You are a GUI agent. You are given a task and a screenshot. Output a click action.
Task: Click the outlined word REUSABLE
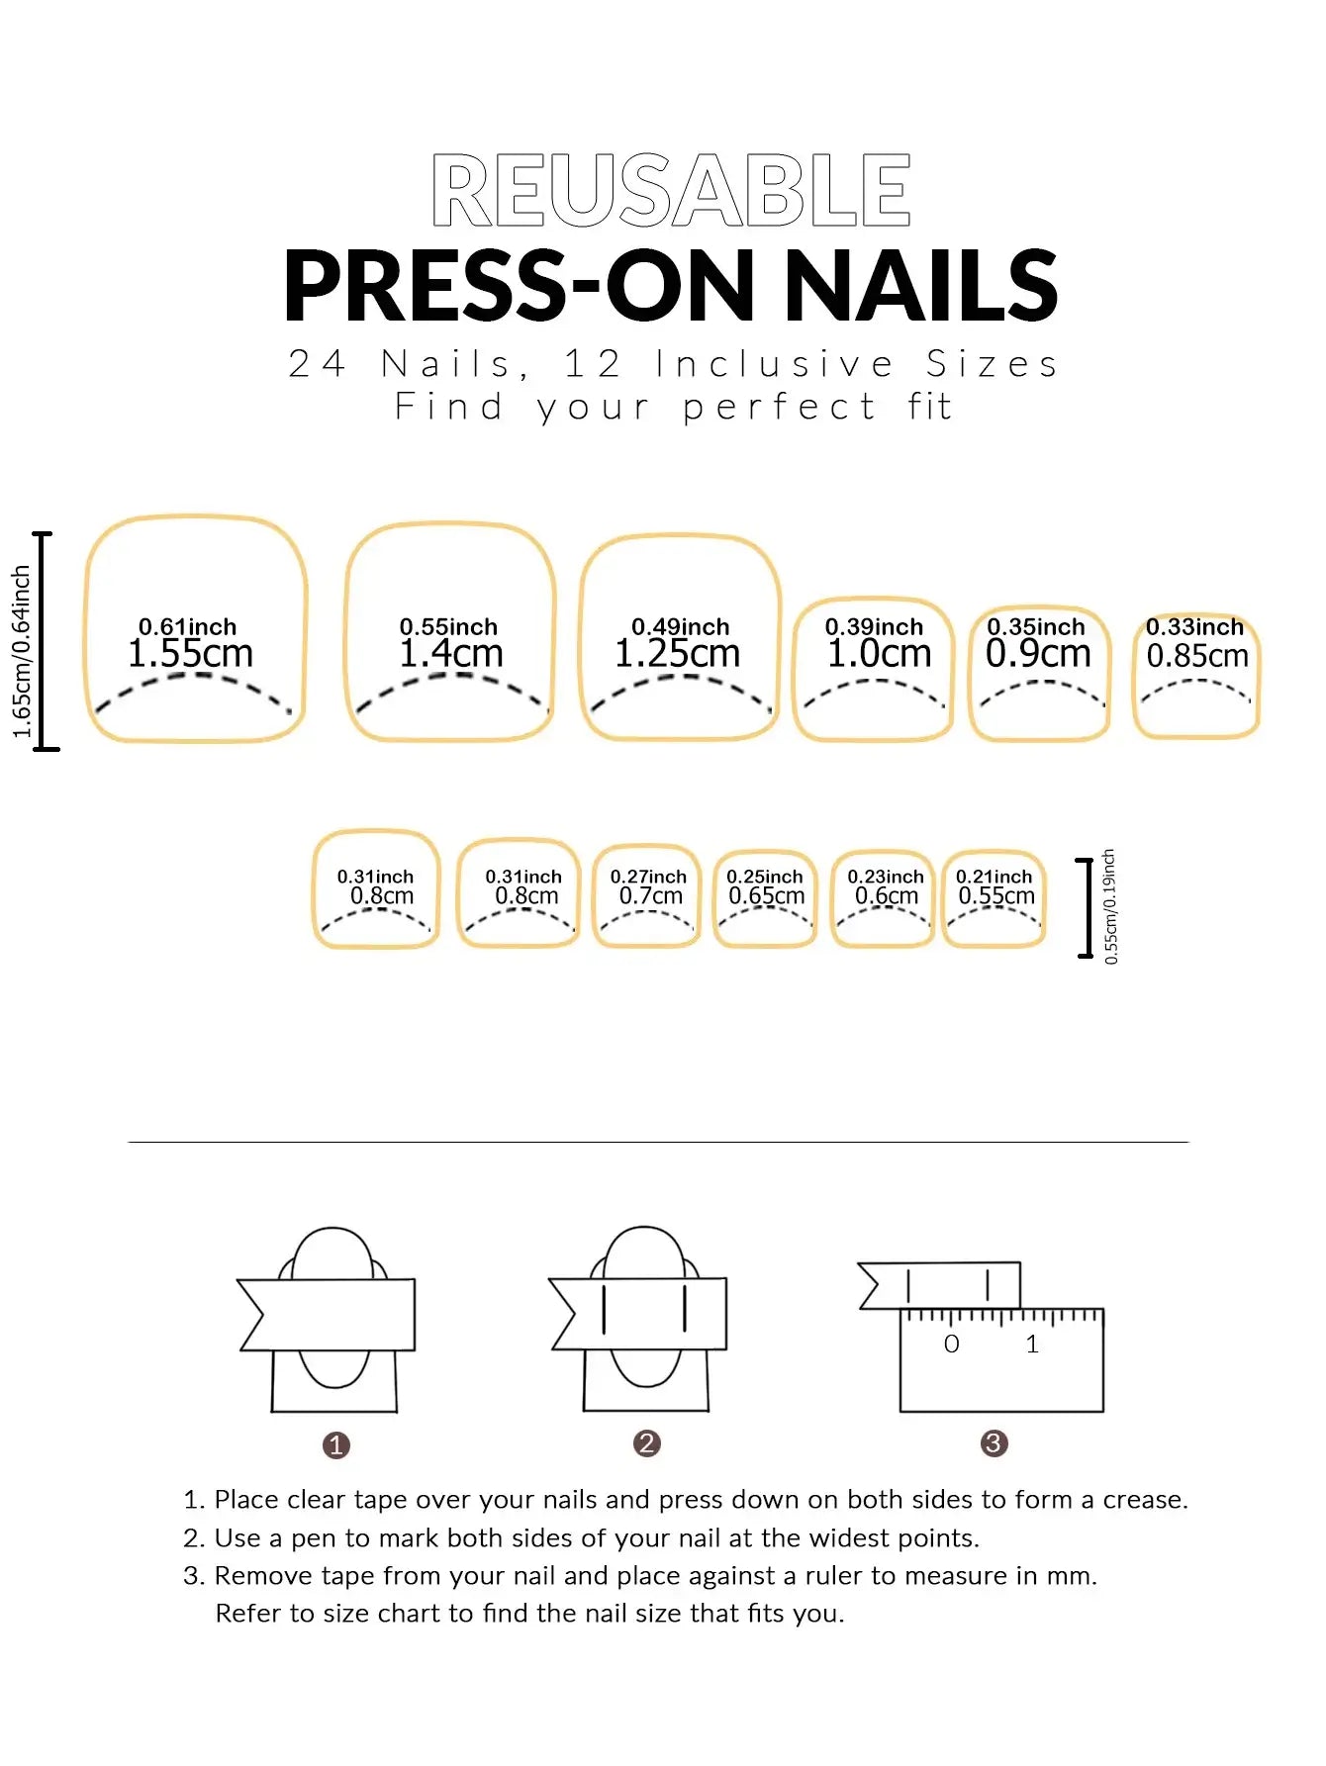tap(671, 191)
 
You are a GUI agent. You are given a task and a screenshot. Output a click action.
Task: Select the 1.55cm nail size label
tap(190, 654)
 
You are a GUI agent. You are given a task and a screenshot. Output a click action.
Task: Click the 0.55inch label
tap(448, 627)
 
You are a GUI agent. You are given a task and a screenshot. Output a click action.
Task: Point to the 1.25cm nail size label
tap(677, 654)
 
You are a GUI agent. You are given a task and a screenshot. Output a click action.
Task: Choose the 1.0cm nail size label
tap(879, 654)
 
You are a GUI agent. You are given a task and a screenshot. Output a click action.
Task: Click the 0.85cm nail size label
tap(1196, 656)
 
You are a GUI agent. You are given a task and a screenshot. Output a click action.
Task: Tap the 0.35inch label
tap(1035, 627)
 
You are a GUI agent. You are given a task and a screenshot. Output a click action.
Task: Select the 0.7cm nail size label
tap(650, 896)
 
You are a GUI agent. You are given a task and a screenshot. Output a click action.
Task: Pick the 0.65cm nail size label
tap(766, 896)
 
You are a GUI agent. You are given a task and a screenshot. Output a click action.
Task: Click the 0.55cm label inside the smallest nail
tap(995, 896)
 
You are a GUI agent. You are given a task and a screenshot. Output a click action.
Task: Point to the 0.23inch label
tap(885, 877)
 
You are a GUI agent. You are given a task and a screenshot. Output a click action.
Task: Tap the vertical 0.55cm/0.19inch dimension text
tap(1110, 906)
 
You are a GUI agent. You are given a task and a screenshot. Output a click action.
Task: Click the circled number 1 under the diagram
tap(336, 1445)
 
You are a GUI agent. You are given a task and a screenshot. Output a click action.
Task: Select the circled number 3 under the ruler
tap(994, 1443)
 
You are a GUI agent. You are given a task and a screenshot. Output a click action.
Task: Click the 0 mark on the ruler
tap(951, 1345)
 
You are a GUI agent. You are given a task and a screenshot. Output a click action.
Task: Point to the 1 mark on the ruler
tap(1032, 1345)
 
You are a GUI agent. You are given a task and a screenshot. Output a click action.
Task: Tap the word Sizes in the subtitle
tap(992, 364)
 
